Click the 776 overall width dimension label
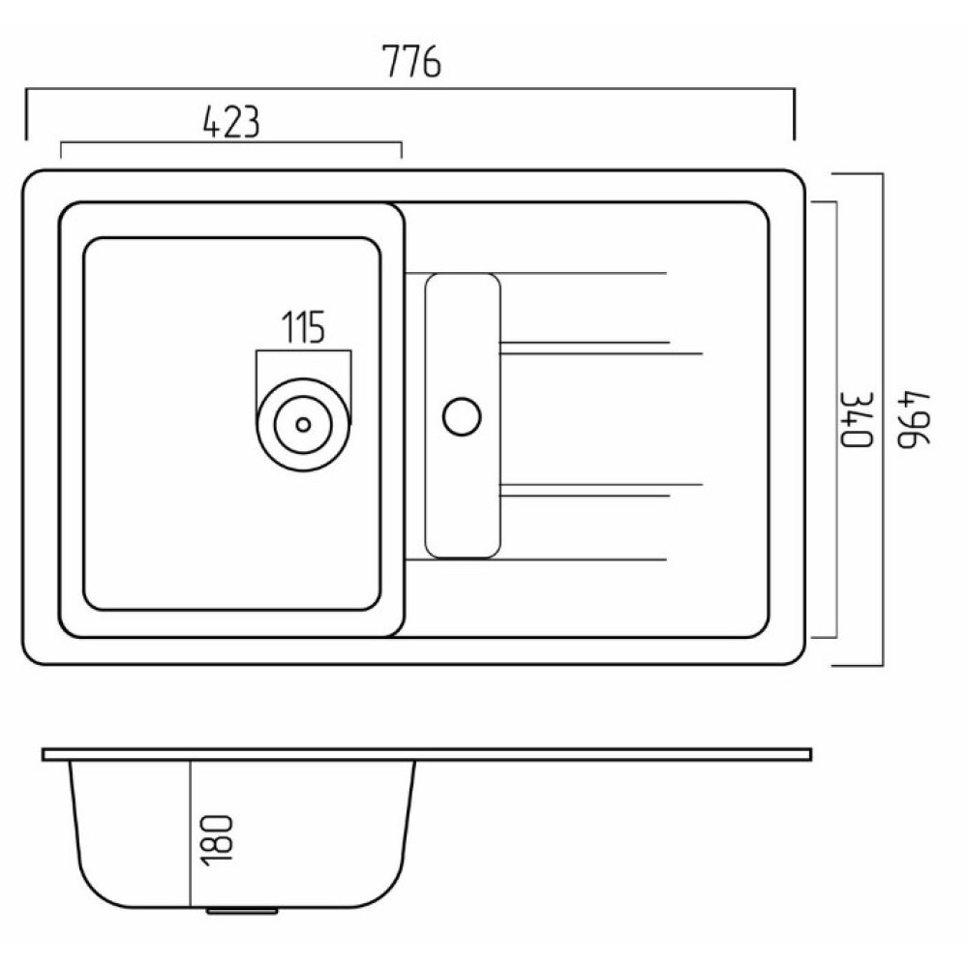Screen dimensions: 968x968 (411, 61)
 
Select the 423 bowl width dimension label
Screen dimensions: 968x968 (231, 122)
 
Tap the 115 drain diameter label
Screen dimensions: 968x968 (303, 327)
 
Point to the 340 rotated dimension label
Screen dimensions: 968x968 (858, 419)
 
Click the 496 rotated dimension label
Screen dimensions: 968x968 (913, 419)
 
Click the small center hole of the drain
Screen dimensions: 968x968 (303, 425)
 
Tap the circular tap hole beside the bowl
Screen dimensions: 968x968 (462, 416)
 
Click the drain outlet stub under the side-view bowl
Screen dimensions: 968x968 (242, 911)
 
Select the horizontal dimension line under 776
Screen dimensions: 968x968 (409, 89)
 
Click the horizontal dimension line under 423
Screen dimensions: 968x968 (231, 143)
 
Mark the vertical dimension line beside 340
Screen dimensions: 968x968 (836, 420)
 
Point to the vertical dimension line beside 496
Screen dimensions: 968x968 (882, 420)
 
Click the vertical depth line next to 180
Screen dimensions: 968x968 (192, 834)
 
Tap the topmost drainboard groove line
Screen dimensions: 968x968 (536, 273)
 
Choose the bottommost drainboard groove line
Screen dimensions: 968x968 (536, 560)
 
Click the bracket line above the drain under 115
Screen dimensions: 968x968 (304, 351)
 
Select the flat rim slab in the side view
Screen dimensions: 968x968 (427, 754)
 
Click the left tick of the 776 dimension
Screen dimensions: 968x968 (26, 115)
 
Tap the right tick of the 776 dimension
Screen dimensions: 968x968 (794, 115)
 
